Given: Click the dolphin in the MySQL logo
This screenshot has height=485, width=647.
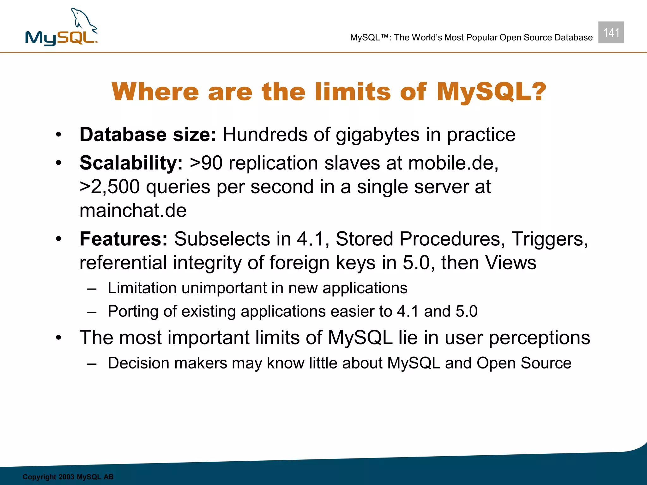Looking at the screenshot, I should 83,21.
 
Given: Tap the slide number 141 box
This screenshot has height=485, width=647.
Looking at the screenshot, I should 611,33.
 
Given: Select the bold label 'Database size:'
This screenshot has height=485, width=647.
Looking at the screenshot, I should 148,135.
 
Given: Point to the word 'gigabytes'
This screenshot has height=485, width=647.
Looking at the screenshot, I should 378,135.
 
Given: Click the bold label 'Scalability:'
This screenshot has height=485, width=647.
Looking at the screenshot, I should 131,163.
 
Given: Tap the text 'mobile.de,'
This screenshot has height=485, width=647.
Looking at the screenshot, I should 453,163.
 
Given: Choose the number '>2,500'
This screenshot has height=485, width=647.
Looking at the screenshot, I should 109,187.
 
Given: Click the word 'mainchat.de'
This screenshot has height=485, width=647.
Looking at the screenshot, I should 133,210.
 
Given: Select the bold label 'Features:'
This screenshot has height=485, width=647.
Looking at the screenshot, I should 123,239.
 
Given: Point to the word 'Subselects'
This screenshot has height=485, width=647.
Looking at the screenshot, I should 222,239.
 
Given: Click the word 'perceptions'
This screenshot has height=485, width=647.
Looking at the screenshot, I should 539,338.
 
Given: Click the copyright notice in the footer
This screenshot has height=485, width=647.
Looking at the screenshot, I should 68,477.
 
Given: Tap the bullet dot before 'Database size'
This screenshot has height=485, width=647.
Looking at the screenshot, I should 58,135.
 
